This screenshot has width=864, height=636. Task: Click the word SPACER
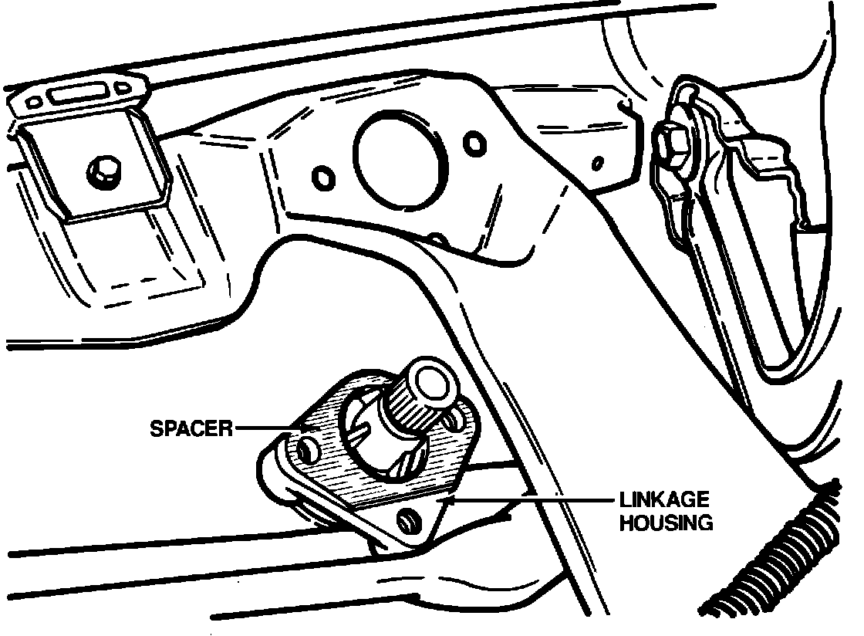[x=191, y=427]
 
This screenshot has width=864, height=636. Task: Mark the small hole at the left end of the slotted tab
[x=35, y=102]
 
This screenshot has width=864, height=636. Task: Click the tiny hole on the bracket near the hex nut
[x=596, y=163]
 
